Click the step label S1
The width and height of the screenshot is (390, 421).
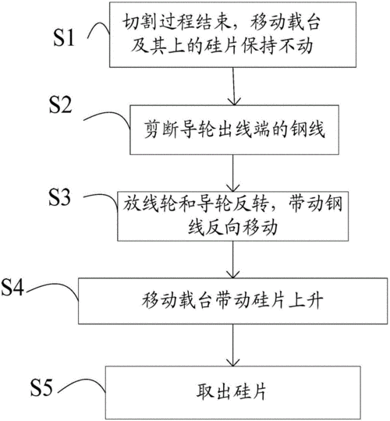coord(64,38)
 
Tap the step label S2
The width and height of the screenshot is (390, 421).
coord(60,104)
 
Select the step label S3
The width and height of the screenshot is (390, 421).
coord(59,197)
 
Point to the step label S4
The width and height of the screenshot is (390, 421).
coord(12,287)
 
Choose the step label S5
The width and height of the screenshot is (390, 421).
coord(41,388)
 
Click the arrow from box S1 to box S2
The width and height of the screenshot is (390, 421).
coord(234,86)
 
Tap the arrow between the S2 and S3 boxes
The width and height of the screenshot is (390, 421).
coord(233,173)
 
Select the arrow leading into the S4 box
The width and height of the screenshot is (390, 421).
coord(232,260)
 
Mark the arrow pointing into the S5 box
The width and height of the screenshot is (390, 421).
coord(232,345)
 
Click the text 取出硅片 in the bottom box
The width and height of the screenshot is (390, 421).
coord(232,392)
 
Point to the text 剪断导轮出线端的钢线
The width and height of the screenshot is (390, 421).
coord(235,129)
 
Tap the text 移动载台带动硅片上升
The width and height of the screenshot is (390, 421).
coord(232,300)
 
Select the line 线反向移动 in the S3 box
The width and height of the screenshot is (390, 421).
coord(232,228)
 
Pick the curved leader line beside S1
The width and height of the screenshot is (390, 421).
coord(99,29)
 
